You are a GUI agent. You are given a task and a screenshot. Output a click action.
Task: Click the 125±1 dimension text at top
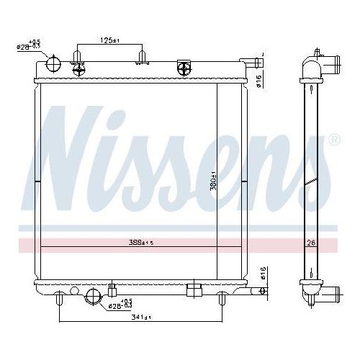tap(110, 41)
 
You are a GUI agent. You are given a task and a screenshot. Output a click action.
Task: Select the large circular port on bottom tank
tap(93, 295)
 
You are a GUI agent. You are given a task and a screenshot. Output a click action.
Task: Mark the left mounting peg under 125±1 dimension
tap(78, 56)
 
